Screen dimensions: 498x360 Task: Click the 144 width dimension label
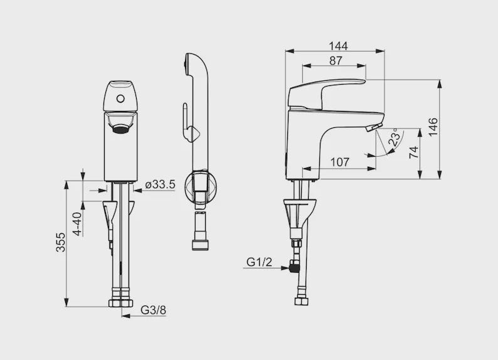pos(338,46)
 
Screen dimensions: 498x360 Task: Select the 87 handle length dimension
pos(336,60)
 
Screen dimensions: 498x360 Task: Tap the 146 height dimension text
pos(433,127)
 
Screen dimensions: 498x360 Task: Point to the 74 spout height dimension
pos(413,152)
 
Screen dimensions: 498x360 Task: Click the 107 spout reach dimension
pos(340,162)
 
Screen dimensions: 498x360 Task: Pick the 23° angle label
pos(394,137)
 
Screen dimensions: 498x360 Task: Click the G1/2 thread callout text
pos(259,262)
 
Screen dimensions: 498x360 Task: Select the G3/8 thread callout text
pos(153,310)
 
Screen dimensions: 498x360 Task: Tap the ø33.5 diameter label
pos(160,184)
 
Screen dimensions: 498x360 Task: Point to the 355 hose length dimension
pos(60,242)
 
